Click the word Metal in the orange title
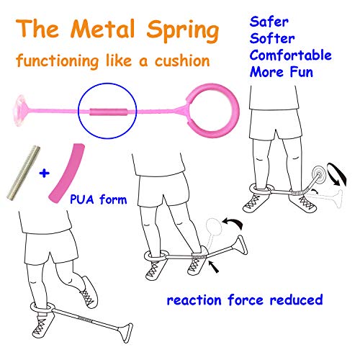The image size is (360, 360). point(102,29)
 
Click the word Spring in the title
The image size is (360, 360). point(183,31)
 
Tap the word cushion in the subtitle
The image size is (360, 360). point(182,61)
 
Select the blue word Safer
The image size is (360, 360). point(269,22)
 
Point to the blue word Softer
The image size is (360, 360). point(272,38)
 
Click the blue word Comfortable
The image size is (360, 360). point(291,55)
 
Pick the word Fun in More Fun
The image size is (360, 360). point(302,72)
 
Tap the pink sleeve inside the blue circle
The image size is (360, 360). point(109,112)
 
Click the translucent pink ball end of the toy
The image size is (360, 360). point(21,110)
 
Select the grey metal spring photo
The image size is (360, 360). point(23,173)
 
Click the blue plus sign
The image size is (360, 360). point(44,173)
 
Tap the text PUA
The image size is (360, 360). point(82,199)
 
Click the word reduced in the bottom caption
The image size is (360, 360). point(296,300)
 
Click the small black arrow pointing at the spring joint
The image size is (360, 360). point(214,267)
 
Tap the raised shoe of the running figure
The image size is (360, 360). point(89,292)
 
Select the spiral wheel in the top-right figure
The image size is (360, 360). point(319,172)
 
